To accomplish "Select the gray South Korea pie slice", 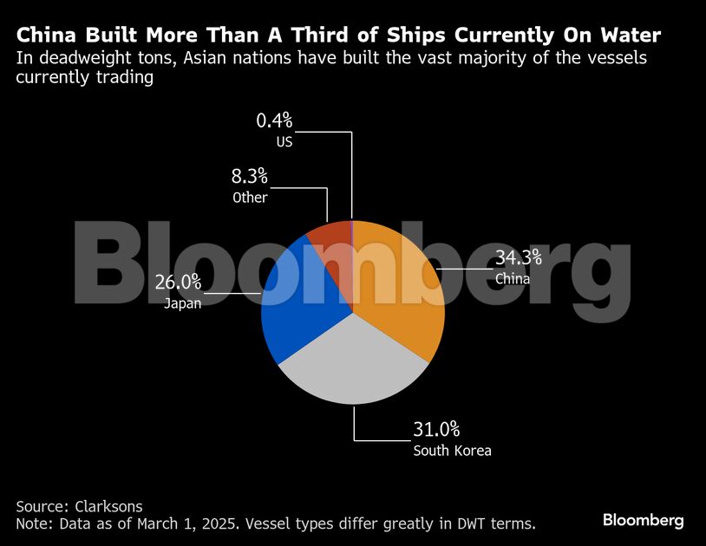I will pyautogui.click(x=351, y=368).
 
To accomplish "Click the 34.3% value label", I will pyautogui.click(x=518, y=257).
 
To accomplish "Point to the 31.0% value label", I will pyautogui.click(x=436, y=429).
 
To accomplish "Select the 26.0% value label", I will pyautogui.click(x=178, y=282).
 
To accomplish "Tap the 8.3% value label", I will pyautogui.click(x=250, y=177).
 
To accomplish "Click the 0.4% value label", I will pyautogui.click(x=274, y=120).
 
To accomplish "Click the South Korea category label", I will pyautogui.click(x=452, y=451).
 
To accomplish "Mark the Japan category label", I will pyautogui.click(x=182, y=303).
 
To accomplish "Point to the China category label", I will pyautogui.click(x=513, y=279).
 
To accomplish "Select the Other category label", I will pyautogui.click(x=250, y=198).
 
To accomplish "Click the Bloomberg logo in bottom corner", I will pyautogui.click(x=643, y=520).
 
